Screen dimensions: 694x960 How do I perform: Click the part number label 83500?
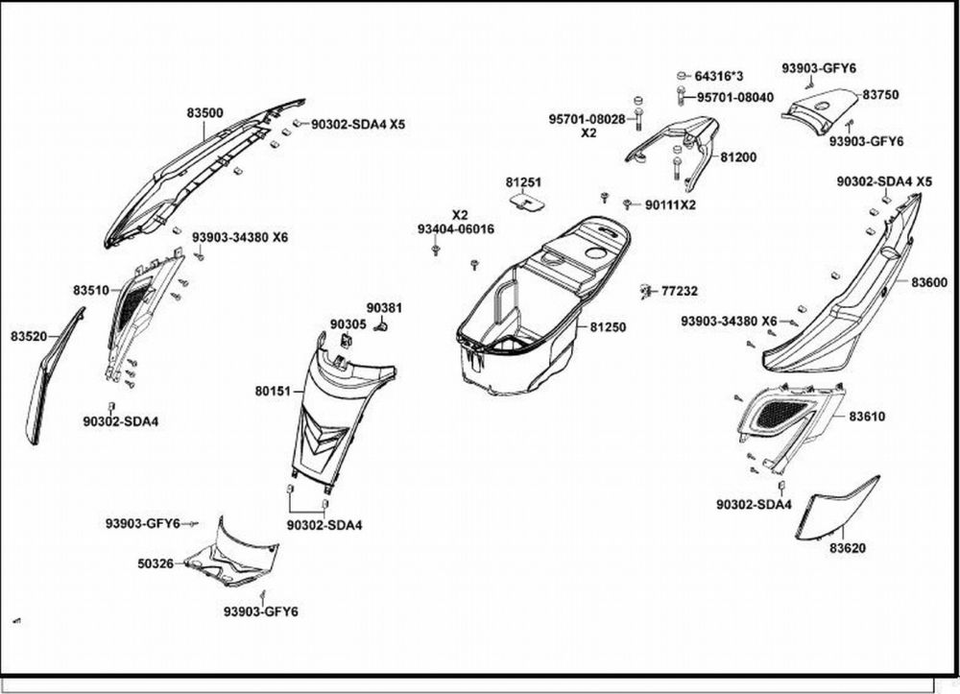204,113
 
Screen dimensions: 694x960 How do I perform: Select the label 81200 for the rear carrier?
738,156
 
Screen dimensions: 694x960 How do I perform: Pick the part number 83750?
880,95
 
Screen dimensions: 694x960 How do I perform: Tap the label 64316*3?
719,76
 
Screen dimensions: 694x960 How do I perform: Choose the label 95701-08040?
735,97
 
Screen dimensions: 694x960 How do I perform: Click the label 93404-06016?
456,229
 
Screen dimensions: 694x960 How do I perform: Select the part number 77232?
680,291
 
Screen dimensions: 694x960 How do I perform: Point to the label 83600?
929,282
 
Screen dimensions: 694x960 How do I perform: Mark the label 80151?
273,392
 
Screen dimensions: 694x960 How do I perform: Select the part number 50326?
156,563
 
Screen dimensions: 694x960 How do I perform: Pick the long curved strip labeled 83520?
53,374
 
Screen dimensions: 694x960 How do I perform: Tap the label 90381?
384,307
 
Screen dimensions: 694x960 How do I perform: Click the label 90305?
348,324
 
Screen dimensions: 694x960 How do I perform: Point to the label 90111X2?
670,204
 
